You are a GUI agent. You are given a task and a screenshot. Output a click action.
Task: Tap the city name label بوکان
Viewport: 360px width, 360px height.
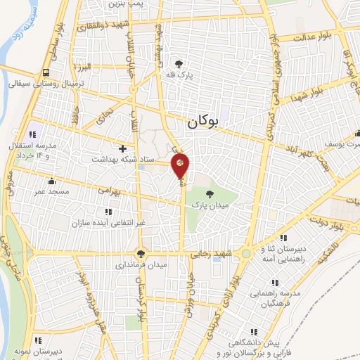click(204, 122)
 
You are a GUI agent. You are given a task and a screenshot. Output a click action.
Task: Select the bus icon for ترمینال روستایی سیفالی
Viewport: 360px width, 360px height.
click(46, 72)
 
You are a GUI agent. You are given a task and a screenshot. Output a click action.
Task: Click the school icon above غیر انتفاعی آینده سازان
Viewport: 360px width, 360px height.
click(108, 211)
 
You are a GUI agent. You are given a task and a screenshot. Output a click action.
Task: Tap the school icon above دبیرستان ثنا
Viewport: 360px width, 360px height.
click(283, 238)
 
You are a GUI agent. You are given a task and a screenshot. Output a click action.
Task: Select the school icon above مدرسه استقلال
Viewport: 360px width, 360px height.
click(32, 134)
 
